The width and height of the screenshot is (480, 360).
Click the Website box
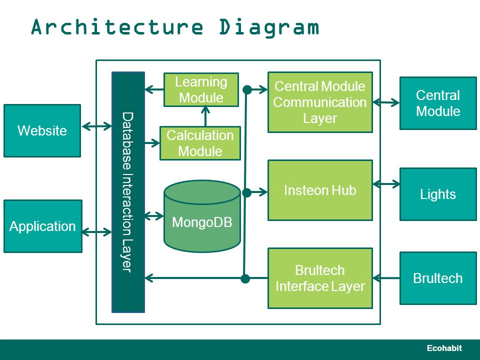[42, 130]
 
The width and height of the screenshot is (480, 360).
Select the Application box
[43, 226]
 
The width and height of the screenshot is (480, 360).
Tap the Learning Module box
[201, 89]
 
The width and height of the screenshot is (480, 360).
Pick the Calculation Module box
[200, 143]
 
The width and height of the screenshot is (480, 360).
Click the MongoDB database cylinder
[202, 216]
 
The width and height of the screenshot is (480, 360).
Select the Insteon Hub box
[320, 190]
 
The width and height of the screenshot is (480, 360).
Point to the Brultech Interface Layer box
[320, 278]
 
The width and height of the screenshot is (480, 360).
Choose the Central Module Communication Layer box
[320, 102]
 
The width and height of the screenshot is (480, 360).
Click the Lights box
[438, 194]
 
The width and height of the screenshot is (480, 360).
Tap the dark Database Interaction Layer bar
[128, 192]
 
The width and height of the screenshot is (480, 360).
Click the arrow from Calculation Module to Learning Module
[205, 116]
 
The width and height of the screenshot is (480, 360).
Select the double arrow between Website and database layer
[96, 126]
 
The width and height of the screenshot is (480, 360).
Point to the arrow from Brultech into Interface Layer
[386, 278]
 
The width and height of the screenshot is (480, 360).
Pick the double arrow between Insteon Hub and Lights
[386, 184]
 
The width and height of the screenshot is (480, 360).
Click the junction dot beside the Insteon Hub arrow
[246, 192]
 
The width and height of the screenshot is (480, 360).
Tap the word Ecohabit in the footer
[444, 348]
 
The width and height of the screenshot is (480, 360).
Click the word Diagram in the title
[269, 27]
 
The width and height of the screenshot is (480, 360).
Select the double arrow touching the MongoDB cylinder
[154, 216]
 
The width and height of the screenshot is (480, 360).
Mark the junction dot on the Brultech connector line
[245, 278]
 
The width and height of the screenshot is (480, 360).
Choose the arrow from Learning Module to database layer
[154, 89]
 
